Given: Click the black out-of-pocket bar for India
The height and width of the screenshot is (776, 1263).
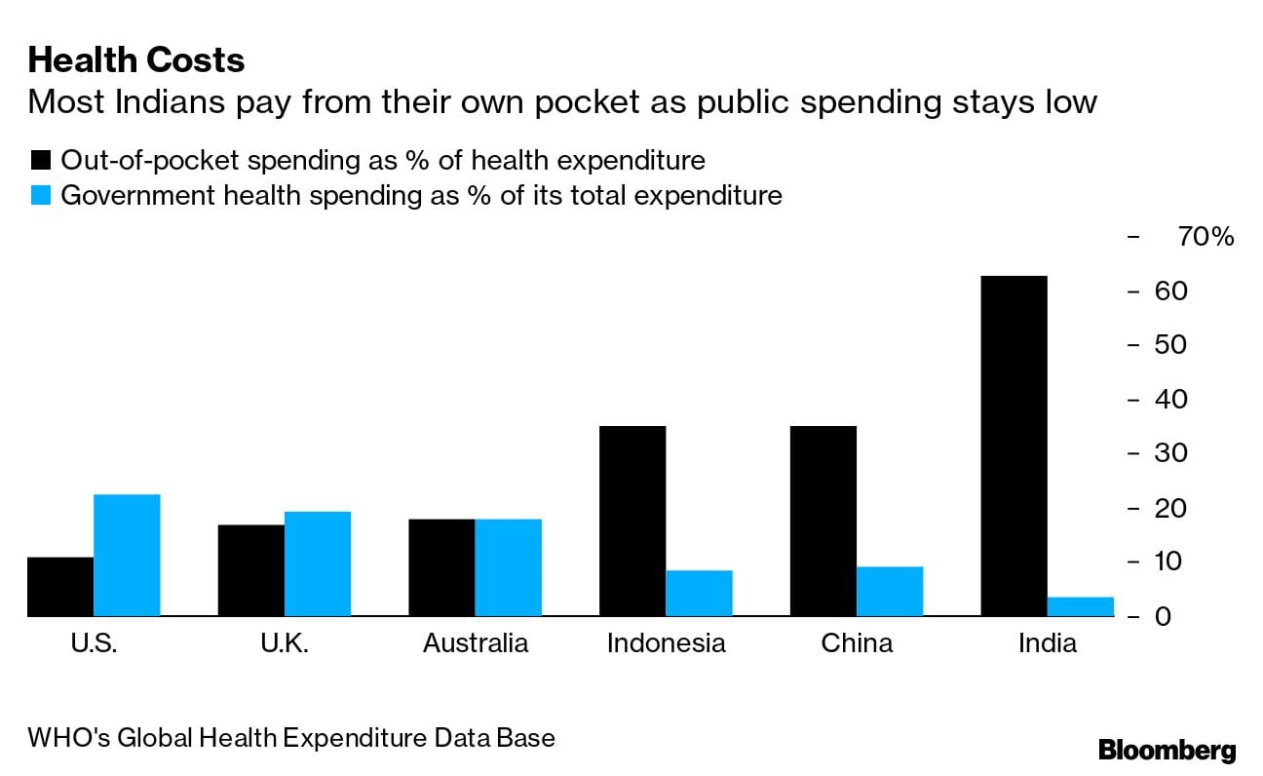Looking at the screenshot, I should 1014,446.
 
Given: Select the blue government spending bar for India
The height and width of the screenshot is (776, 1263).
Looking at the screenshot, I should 1080,606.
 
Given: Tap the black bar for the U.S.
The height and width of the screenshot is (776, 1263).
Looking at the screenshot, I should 60,586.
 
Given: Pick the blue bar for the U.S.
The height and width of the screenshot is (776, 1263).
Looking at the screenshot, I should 127,555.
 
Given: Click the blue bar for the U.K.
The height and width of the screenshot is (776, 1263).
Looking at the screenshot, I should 318,563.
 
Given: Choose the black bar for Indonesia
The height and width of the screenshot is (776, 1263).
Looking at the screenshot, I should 632,521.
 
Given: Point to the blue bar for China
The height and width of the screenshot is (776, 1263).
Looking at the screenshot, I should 890,591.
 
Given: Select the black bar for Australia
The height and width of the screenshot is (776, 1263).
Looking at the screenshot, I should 441,567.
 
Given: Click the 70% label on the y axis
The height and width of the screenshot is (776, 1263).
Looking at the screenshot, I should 1206,237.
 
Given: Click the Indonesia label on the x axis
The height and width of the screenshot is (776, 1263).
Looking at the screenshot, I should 666,643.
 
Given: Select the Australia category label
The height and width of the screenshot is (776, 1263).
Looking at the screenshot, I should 476,643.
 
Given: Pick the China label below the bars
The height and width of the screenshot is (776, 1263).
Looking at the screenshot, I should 857,643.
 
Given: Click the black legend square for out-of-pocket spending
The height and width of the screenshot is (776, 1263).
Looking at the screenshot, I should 40,160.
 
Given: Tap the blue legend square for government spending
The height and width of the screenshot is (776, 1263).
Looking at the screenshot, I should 40,195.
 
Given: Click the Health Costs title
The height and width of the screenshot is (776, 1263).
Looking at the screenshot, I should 136,60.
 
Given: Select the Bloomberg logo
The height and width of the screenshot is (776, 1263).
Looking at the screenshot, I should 1167,750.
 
